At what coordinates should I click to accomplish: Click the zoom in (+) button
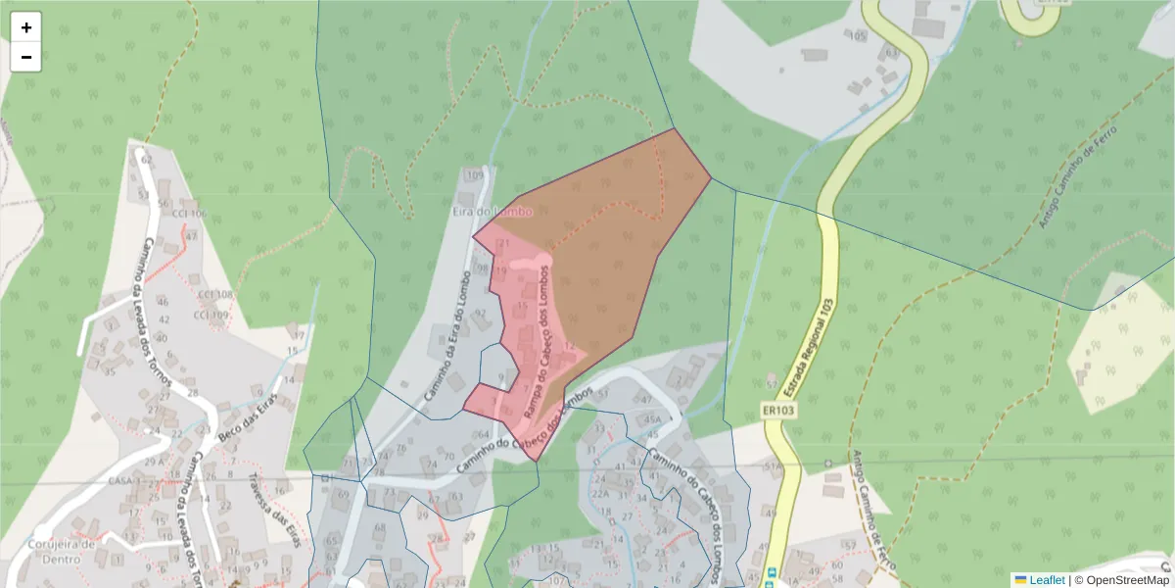[x=26, y=26]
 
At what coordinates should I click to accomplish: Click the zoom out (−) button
[x=26, y=57]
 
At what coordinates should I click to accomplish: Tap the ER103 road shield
[x=777, y=411]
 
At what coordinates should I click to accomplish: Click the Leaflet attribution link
[x=1047, y=579]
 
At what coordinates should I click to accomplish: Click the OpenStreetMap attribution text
[x=1122, y=579]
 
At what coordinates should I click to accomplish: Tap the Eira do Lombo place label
[x=493, y=211]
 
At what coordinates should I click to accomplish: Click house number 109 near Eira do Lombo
[x=475, y=176]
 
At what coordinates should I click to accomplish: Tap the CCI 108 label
[x=213, y=294]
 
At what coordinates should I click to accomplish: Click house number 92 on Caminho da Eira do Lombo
[x=480, y=314]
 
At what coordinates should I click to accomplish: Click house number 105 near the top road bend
[x=859, y=36]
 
